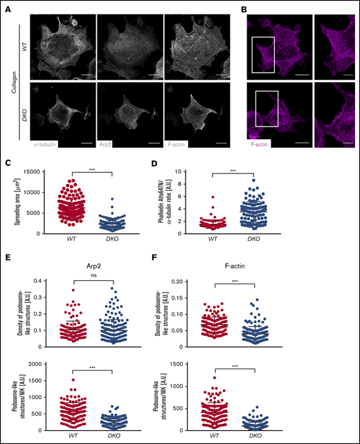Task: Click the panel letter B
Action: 243,4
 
